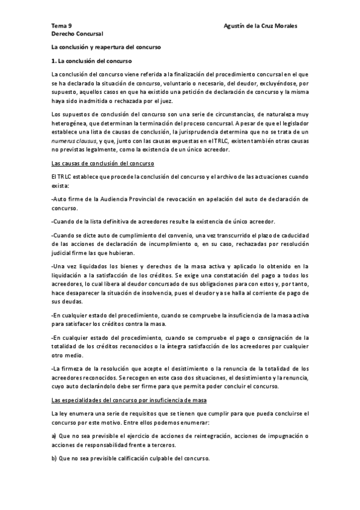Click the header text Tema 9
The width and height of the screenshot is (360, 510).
(61, 26)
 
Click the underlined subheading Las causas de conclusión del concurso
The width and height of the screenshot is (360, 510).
(103, 164)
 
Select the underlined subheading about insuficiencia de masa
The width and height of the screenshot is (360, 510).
(129, 400)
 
